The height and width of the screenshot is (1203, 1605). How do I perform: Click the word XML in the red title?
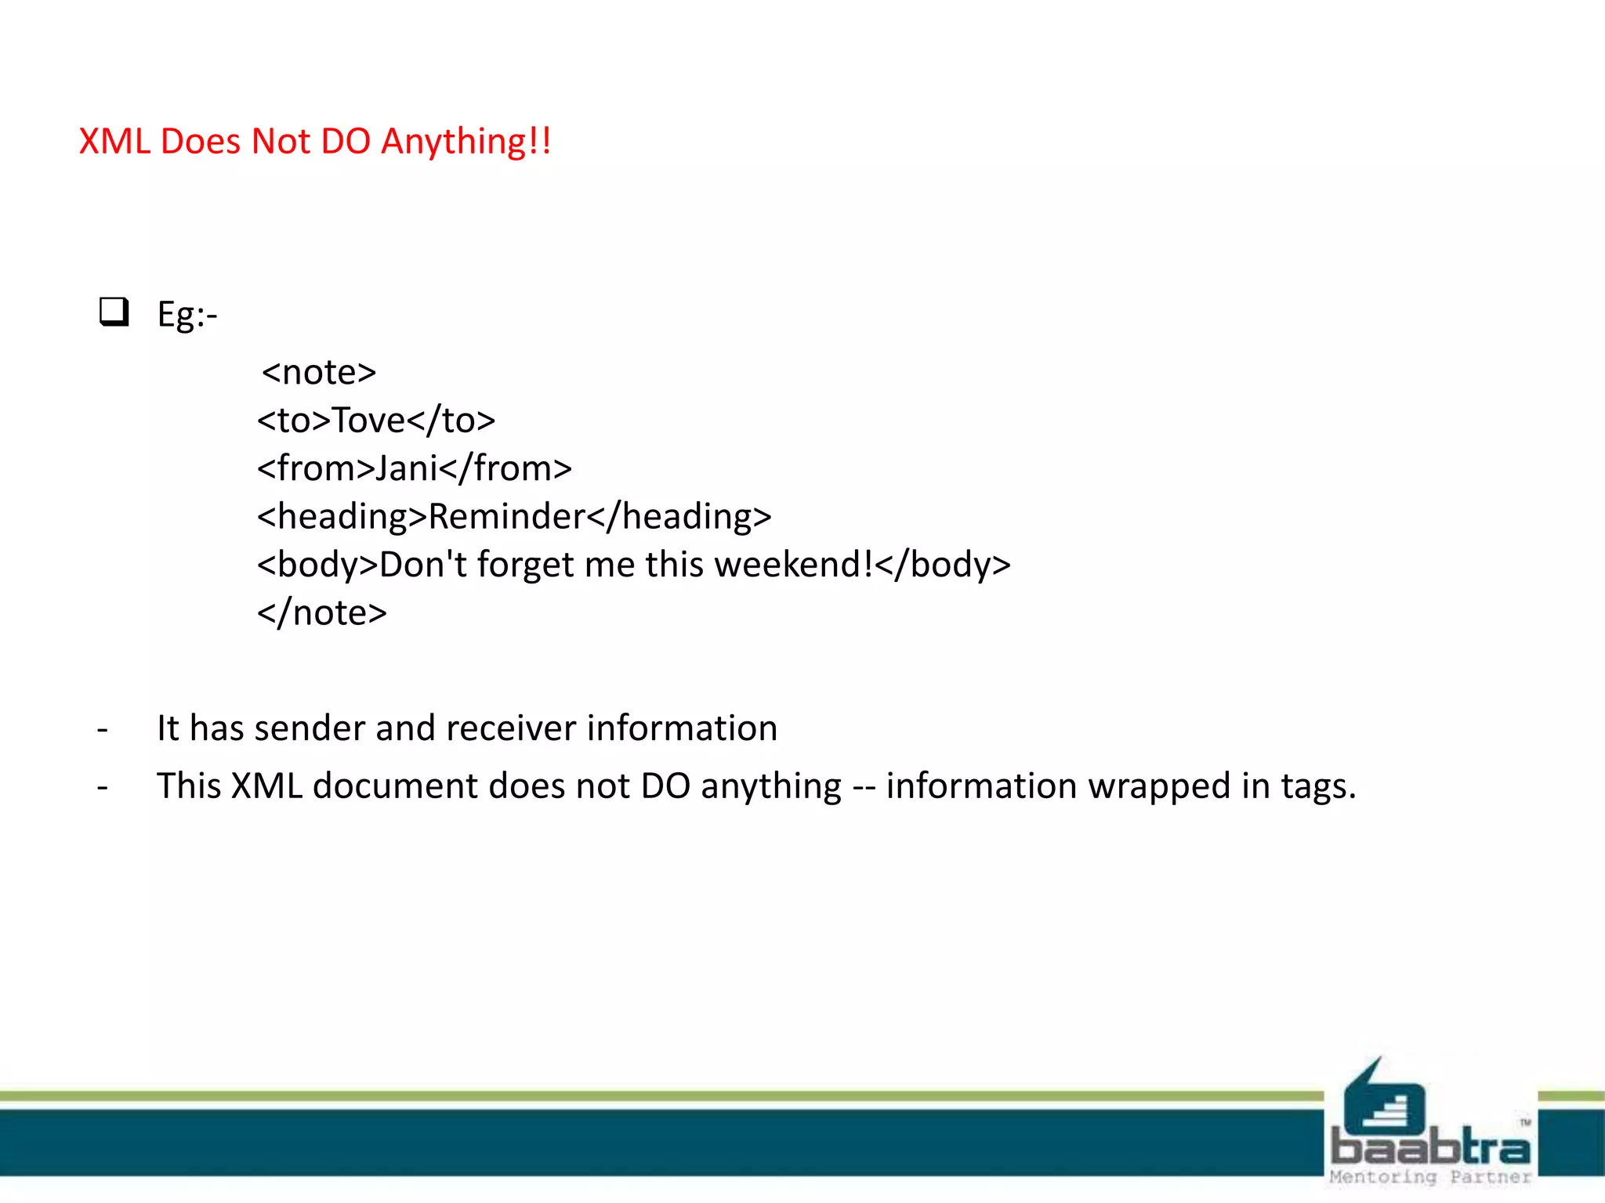point(114,142)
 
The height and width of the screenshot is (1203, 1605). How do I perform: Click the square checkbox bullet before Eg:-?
point(114,312)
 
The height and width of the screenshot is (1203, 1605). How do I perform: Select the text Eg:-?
point(187,315)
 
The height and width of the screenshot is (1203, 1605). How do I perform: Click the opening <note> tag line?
point(319,372)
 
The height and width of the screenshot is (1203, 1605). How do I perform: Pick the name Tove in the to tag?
point(368,421)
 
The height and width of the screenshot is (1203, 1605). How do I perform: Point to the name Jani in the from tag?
point(406,468)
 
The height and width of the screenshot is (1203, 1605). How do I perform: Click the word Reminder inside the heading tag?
point(507,517)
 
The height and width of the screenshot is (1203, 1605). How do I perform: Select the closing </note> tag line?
point(322,612)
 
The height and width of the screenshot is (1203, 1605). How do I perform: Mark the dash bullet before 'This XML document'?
point(103,787)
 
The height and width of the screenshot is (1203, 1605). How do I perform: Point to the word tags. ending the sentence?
point(1318,787)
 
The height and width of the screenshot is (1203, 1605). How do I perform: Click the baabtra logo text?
point(1430,1147)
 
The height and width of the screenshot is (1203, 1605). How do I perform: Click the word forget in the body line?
point(525,565)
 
